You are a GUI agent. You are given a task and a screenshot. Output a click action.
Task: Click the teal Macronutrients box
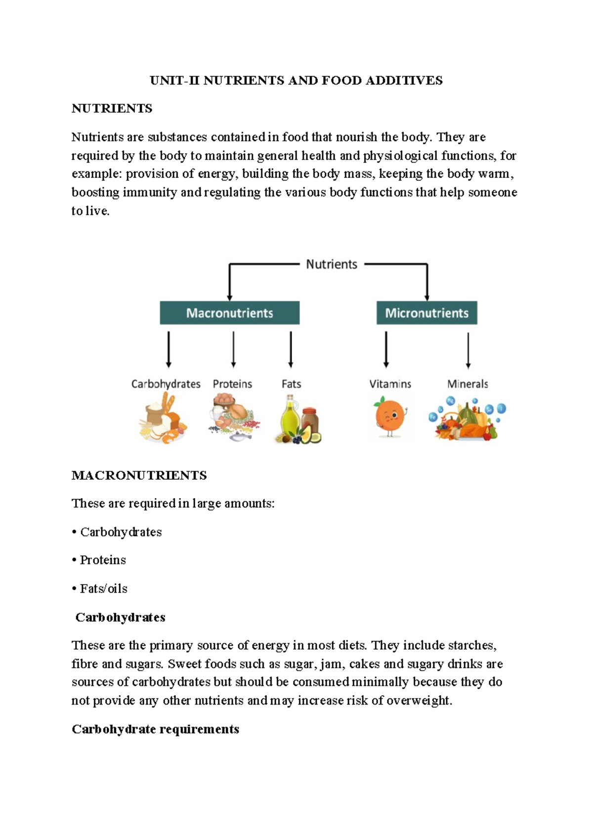click(x=229, y=313)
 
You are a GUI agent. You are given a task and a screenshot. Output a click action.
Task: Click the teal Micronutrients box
click(x=426, y=313)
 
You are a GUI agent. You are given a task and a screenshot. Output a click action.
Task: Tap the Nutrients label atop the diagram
click(x=331, y=264)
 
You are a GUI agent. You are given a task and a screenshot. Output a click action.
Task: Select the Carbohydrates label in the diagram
click(x=166, y=384)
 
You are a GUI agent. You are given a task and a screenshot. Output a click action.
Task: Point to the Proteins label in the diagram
click(x=232, y=384)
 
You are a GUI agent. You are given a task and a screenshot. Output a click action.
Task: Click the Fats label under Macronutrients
click(x=291, y=384)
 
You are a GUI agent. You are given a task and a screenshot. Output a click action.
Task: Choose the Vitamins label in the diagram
click(x=390, y=384)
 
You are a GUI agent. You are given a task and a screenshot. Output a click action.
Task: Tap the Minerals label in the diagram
click(x=467, y=384)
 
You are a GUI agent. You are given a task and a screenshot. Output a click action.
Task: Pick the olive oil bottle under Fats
click(x=289, y=418)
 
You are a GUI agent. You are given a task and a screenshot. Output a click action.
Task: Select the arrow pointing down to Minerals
click(x=468, y=350)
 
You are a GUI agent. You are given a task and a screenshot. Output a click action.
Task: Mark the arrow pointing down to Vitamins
click(x=386, y=350)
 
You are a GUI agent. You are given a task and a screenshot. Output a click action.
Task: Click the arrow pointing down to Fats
click(x=291, y=350)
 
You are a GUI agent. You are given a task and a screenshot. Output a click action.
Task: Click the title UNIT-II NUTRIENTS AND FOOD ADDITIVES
click(x=296, y=81)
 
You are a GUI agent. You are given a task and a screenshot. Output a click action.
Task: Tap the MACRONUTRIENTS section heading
click(x=139, y=475)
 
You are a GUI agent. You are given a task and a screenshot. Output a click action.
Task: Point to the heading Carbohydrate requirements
click(x=155, y=729)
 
